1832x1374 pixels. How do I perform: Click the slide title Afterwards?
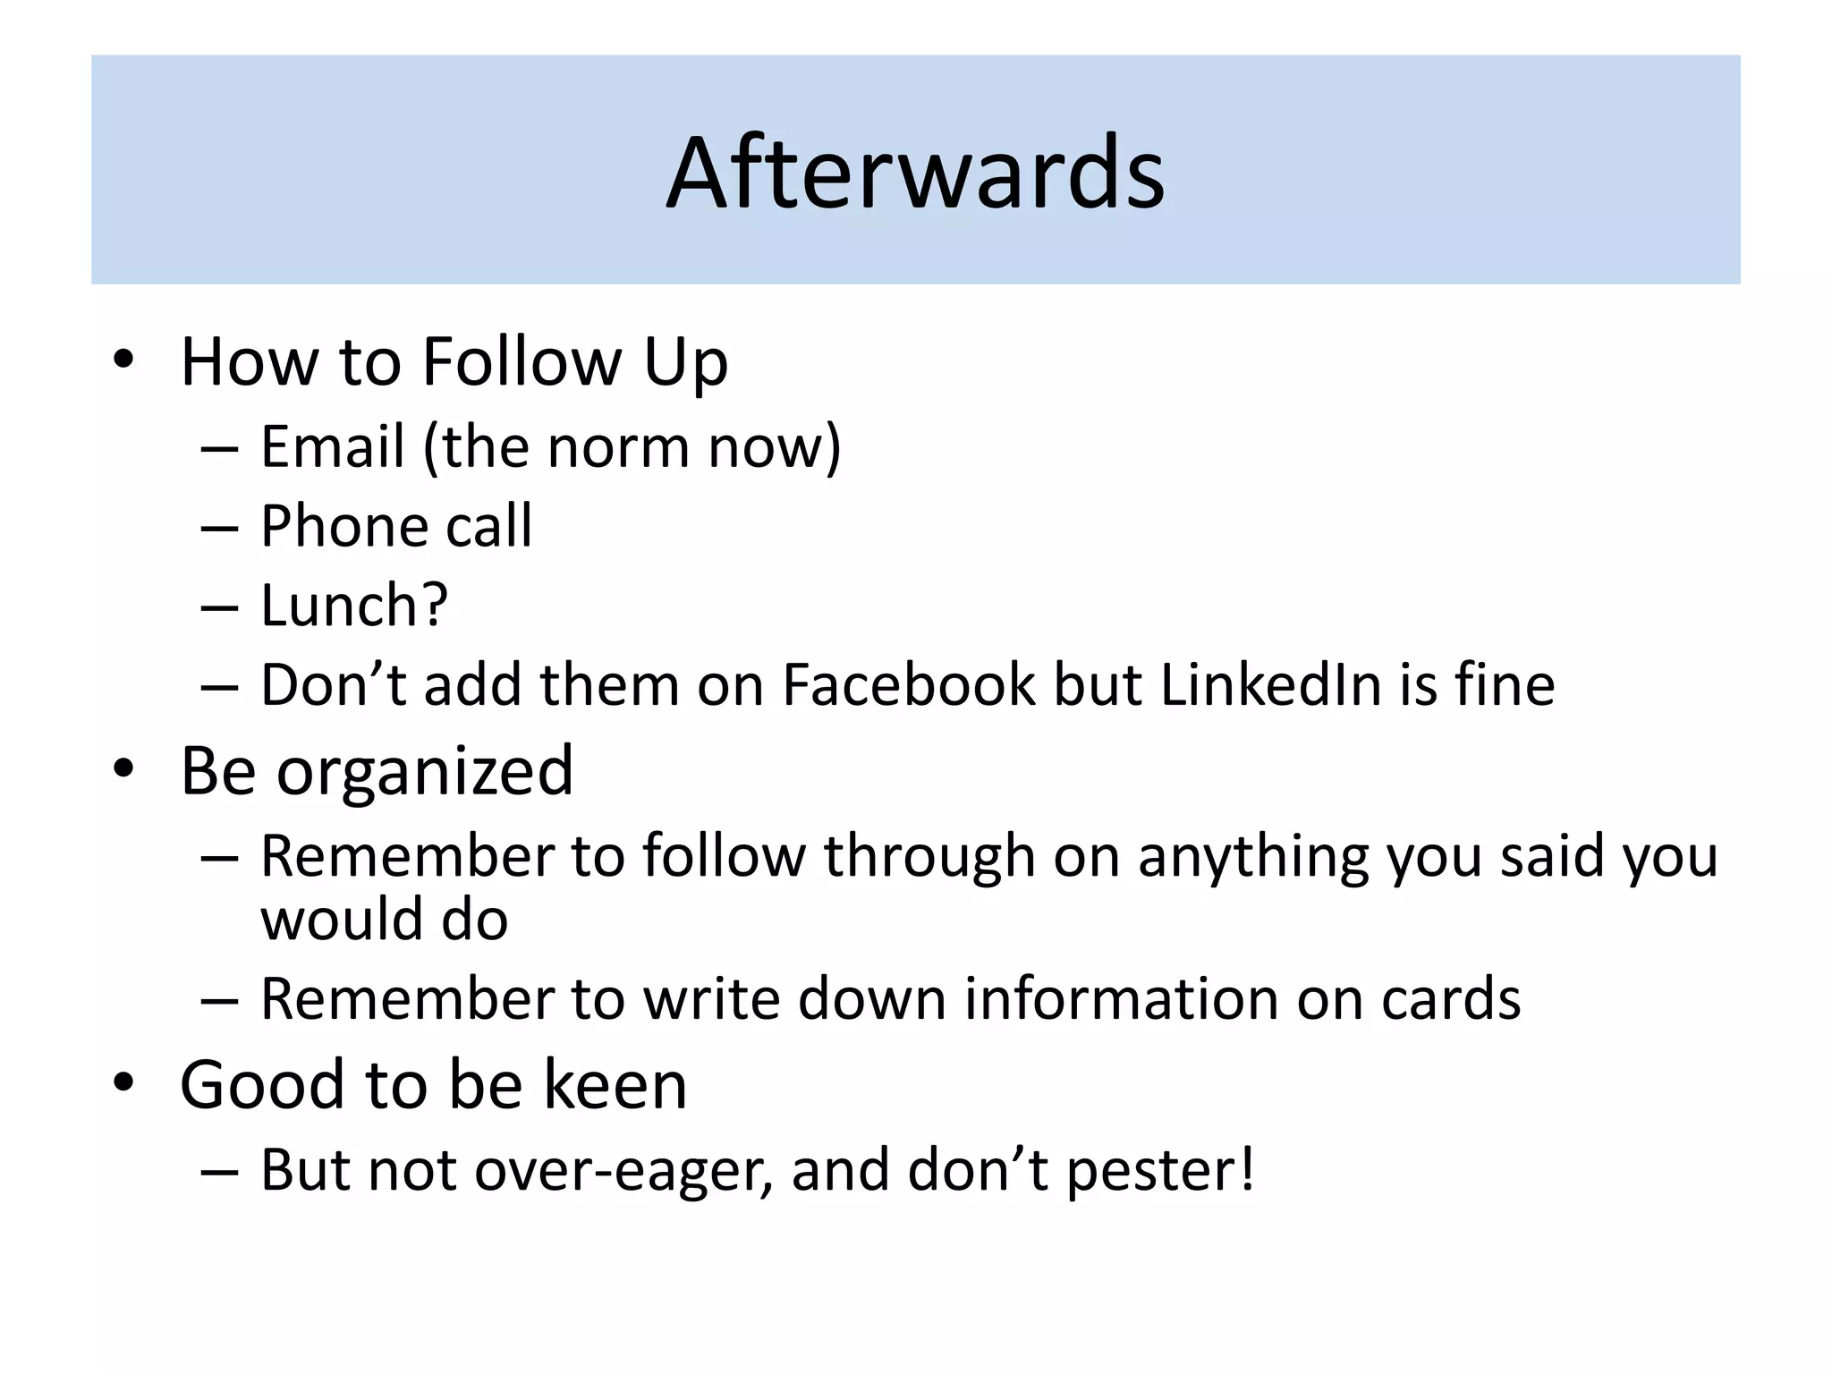915,172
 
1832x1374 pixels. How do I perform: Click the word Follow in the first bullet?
521,361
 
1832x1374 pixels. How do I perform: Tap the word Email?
332,446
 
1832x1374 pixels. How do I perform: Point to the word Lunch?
353,606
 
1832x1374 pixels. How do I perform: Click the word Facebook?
908,685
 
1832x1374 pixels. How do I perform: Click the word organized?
424,771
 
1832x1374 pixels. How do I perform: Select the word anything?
1253,856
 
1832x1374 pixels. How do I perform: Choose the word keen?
615,1085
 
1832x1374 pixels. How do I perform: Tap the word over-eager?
623,1170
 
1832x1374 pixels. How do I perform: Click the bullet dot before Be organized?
123,768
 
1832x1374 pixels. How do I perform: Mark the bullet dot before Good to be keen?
123,1082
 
